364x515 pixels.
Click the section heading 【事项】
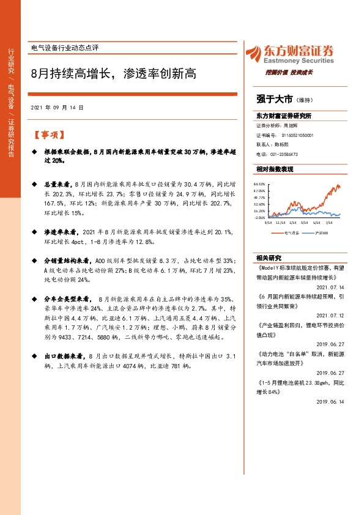point(48,135)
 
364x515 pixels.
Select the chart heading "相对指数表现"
point(275,168)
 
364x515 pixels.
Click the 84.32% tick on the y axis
point(259,183)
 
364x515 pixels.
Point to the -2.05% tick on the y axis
point(259,217)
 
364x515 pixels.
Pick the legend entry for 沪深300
point(321,232)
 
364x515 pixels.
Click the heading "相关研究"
point(267,257)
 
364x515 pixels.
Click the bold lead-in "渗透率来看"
point(62,232)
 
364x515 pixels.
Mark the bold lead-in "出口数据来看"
point(65,355)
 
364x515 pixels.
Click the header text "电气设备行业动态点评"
point(64,47)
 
